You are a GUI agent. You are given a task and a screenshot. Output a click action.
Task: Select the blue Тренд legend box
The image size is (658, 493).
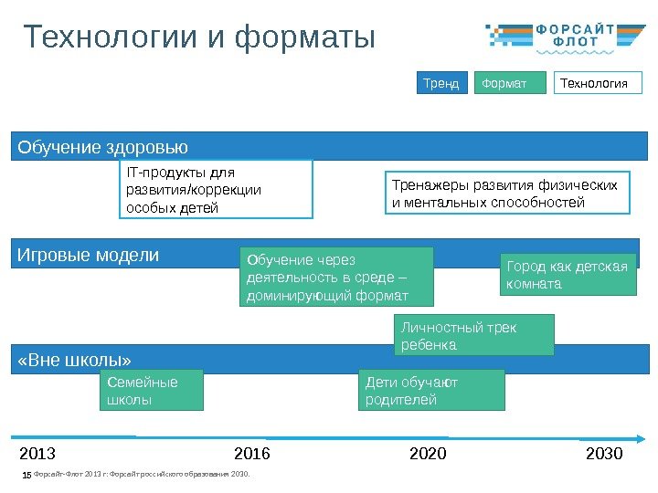click(x=441, y=84)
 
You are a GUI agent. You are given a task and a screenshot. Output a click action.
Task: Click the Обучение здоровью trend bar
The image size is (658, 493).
click(x=329, y=146)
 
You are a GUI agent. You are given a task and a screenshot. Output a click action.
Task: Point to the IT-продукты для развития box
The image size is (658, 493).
click(x=216, y=190)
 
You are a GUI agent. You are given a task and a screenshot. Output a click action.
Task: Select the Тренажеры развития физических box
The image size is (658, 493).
click(x=505, y=193)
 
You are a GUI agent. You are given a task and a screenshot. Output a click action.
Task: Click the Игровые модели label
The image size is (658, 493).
click(x=89, y=255)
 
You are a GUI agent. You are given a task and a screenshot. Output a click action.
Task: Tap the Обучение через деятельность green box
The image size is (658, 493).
click(x=335, y=277)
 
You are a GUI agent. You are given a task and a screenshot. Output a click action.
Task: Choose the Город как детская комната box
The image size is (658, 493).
click(x=568, y=275)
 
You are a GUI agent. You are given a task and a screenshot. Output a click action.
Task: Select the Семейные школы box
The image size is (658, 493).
click(x=151, y=390)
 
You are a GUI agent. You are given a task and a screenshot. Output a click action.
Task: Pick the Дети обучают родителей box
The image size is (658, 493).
click(x=433, y=390)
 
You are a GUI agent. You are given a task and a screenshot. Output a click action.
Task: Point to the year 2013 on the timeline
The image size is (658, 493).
click(x=37, y=453)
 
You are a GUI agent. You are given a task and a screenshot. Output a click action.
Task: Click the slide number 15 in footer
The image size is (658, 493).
click(x=27, y=475)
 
